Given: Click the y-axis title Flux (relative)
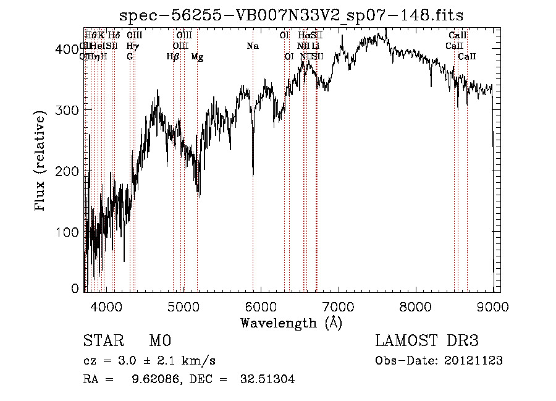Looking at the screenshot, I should click(x=41, y=162).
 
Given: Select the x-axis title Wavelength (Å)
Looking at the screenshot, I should click(x=291, y=323).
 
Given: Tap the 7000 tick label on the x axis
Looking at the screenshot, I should click(x=338, y=306).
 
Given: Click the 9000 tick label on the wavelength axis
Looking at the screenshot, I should click(x=492, y=306).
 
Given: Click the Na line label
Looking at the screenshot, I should click(x=252, y=46).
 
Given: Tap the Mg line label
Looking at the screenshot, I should click(x=197, y=57).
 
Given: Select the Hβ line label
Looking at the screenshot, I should click(x=173, y=57).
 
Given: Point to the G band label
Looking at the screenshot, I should click(x=130, y=57).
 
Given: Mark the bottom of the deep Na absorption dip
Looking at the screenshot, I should click(x=253, y=175).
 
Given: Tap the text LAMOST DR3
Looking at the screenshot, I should click(x=426, y=341).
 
